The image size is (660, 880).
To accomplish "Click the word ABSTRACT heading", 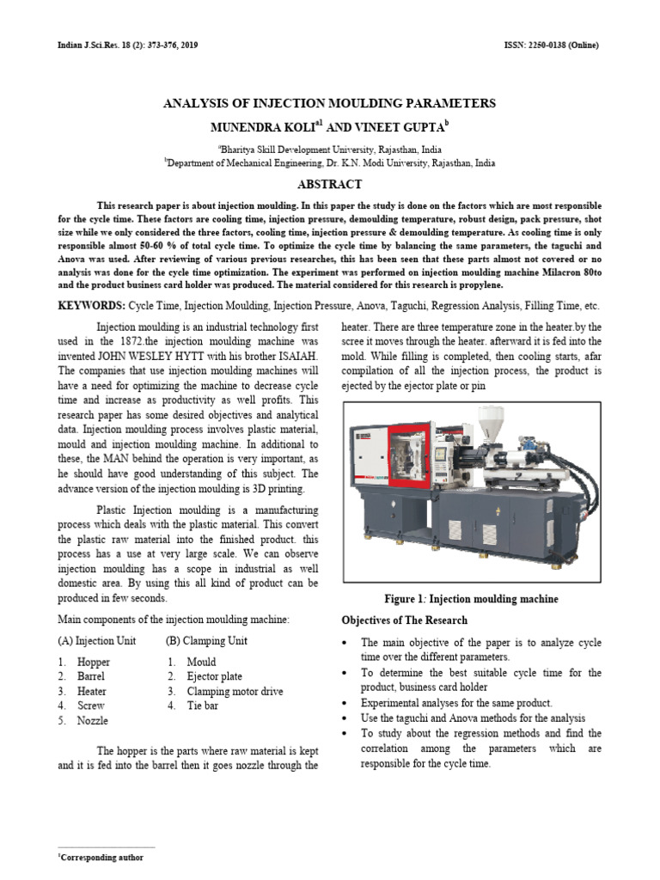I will tap(329, 185).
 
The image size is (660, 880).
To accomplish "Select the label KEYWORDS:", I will tap(91, 307).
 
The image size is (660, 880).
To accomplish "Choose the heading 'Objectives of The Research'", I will tap(404, 620).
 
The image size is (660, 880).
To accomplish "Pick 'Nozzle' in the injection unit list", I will tap(92, 721).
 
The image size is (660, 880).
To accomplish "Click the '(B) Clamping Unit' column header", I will tap(206, 641).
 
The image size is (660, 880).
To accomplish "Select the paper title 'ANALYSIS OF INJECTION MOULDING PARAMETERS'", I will tap(329, 103).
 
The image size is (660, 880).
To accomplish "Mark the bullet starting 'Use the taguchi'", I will tap(473, 718).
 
